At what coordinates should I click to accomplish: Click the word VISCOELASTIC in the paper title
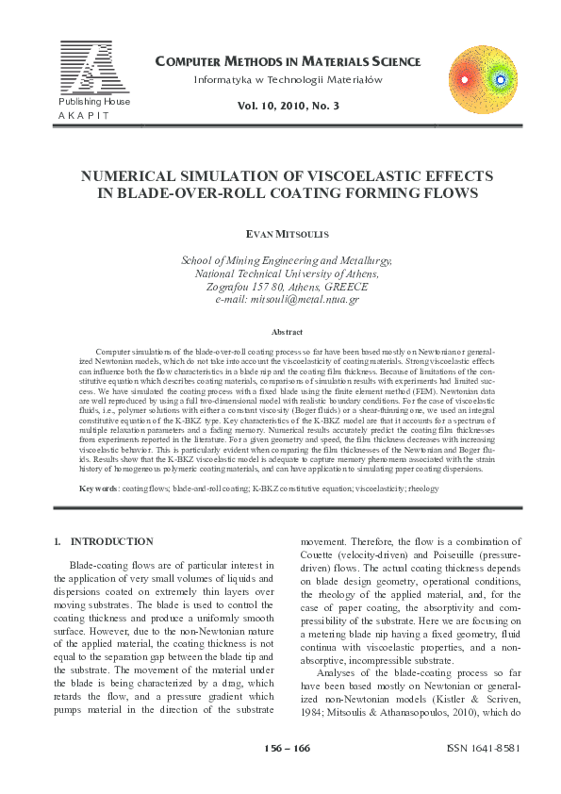363,176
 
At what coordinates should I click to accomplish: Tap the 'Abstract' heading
287,332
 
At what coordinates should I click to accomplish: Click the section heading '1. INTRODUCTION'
103,541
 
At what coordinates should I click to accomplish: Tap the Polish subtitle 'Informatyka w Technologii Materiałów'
287,81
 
